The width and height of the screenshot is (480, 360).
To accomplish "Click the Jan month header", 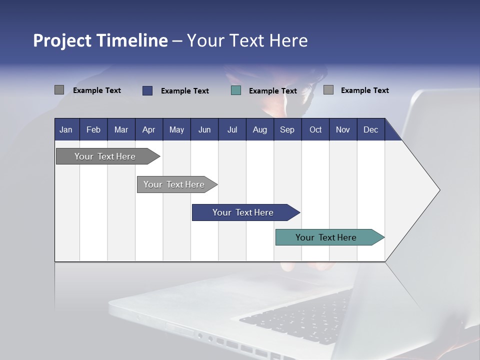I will [x=66, y=129].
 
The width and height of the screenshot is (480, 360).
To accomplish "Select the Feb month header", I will [x=93, y=129].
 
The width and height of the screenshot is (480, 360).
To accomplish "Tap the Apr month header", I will [x=149, y=129].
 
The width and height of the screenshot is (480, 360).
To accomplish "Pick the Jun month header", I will [x=204, y=129].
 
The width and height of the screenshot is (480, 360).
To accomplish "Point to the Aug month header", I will [x=260, y=129].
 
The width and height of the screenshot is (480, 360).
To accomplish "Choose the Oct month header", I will [x=315, y=129].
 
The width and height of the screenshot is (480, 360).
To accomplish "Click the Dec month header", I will [x=371, y=129].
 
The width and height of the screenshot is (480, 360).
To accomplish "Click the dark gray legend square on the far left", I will [x=59, y=90].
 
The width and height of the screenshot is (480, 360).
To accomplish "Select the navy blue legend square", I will [x=147, y=90].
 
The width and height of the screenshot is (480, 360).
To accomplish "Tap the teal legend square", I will [x=236, y=90].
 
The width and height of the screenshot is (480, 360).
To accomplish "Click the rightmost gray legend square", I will [x=328, y=90].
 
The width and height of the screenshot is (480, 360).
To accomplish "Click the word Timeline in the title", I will [x=132, y=40].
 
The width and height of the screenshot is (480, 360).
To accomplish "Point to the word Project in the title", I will [x=62, y=40].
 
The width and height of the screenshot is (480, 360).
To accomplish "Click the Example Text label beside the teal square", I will [x=273, y=91].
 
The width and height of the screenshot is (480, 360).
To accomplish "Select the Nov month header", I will [x=343, y=129].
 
